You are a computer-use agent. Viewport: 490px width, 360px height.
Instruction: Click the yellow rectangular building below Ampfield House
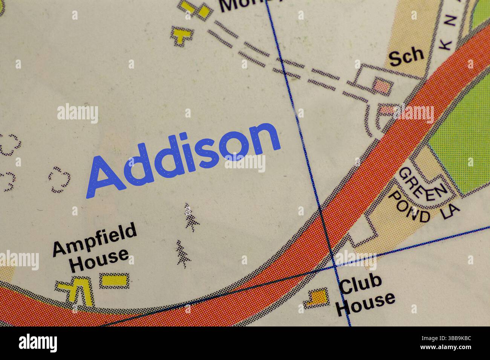pos(114,280)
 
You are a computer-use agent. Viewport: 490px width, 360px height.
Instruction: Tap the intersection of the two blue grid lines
pos(334,267)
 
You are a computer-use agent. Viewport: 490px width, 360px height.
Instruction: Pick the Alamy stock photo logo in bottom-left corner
pos(38,343)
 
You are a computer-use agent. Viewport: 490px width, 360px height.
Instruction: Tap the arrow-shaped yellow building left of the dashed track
pos(182,36)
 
